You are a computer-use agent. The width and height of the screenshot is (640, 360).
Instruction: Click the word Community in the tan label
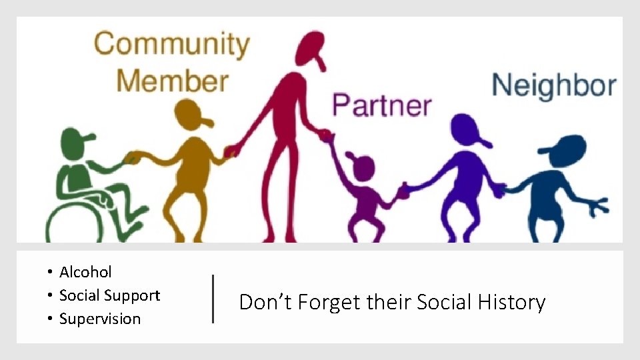(x=171, y=45)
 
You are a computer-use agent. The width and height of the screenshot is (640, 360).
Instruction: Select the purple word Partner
(x=381, y=105)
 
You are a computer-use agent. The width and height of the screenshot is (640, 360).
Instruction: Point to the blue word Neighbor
(x=553, y=86)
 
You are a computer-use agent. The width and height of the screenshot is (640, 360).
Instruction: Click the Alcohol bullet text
(x=85, y=272)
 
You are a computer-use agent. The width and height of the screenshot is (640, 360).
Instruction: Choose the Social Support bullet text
(x=109, y=295)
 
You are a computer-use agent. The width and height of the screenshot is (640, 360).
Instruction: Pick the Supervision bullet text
(x=100, y=319)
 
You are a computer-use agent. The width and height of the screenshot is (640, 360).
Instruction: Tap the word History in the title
(x=511, y=303)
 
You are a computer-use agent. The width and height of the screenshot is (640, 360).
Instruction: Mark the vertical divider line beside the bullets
(x=213, y=299)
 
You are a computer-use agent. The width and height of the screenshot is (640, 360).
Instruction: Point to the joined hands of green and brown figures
(x=134, y=158)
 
